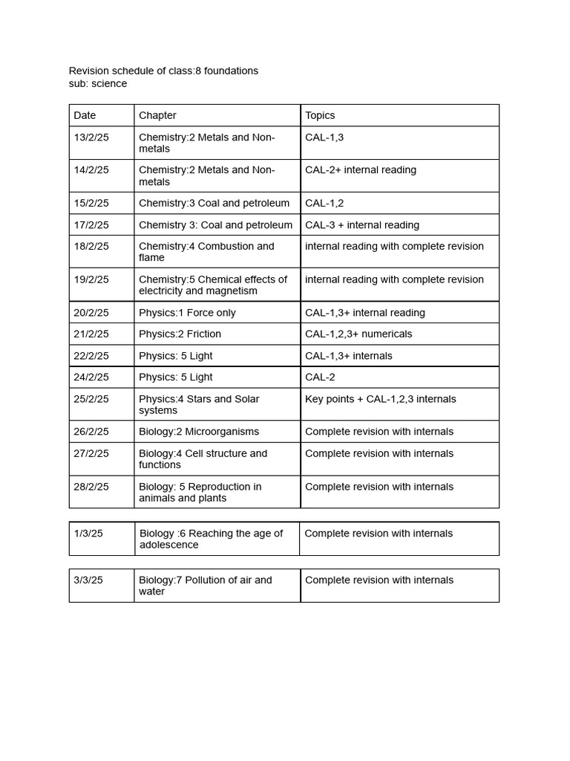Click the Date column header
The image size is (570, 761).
coord(85,115)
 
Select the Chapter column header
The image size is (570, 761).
coord(157,115)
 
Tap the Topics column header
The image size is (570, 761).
coord(320,115)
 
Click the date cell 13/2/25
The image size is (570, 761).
coord(91,137)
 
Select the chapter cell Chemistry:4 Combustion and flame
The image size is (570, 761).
coord(206,252)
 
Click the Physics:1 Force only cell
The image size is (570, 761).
coord(187,313)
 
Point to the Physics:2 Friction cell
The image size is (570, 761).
coord(180,334)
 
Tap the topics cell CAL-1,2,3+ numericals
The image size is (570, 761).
coord(358,334)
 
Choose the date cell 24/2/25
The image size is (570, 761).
coord(91,378)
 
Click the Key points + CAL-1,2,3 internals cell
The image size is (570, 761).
coord(380,399)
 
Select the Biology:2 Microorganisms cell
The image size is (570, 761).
coord(199,432)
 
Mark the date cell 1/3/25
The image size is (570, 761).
coord(88,534)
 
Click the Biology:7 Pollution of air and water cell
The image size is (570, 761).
coord(205,586)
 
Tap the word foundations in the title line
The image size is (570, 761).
coord(231,71)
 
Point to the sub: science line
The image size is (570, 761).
coord(98,84)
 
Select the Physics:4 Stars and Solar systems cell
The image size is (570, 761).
coord(199,404)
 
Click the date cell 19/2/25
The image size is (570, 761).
coord(91,280)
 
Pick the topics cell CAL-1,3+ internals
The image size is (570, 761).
coord(349,356)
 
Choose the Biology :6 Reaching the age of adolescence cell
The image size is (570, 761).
coord(211,539)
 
